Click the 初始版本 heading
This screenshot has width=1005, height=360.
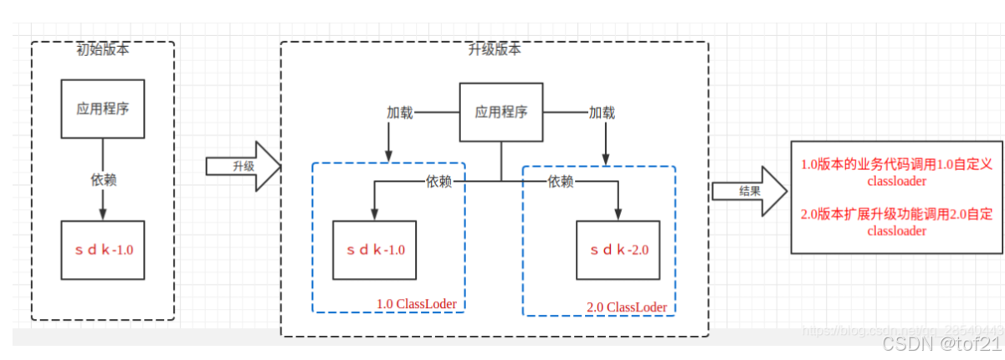click(102, 49)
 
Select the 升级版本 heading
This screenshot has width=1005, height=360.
click(494, 49)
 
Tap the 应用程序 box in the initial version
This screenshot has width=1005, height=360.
click(102, 109)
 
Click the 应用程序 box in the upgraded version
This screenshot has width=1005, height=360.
click(500, 111)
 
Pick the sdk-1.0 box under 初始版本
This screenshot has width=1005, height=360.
click(102, 249)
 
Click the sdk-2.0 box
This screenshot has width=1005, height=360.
click(618, 249)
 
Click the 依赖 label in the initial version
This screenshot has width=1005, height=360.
click(102, 179)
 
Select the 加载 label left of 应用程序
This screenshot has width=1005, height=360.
click(399, 111)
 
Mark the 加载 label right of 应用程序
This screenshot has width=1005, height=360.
click(601, 111)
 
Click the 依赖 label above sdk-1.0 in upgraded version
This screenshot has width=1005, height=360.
click(439, 181)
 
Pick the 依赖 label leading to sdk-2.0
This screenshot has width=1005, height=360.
click(561, 181)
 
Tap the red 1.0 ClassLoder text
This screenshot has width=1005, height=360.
click(420, 302)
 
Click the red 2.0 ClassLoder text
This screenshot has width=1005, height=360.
click(627, 307)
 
